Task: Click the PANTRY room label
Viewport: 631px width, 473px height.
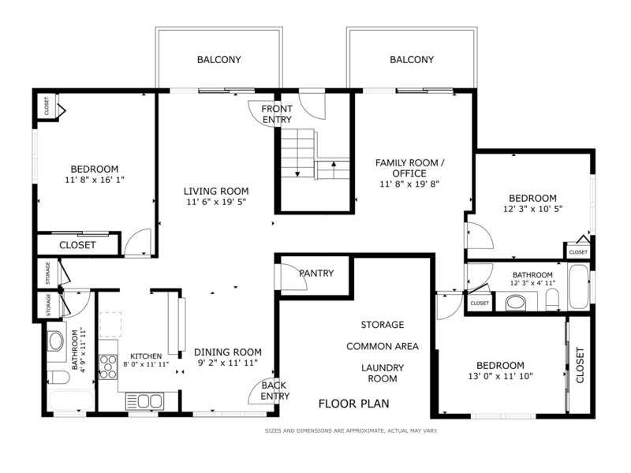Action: point(316,273)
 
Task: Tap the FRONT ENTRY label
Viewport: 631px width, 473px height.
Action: point(277,114)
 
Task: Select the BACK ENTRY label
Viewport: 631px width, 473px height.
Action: point(274,390)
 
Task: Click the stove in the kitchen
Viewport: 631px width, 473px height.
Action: point(108,367)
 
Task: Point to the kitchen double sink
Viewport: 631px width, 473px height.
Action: point(145,401)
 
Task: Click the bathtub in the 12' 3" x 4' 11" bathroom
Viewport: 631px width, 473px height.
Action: point(579,286)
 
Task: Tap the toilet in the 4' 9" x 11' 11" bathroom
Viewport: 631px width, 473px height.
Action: point(58,378)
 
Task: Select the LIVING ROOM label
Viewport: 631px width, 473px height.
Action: point(216,191)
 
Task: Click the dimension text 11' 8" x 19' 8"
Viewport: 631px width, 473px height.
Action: point(409,184)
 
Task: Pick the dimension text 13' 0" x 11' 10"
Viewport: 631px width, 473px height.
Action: point(500,377)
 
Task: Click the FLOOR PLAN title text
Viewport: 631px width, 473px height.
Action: point(353,404)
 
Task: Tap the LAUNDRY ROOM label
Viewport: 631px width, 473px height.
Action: point(383,373)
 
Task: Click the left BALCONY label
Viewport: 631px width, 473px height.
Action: point(219,60)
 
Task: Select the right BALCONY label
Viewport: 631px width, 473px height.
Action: point(412,60)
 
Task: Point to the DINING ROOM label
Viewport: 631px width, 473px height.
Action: point(228,352)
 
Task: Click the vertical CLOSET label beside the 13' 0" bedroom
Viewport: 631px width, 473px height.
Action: point(580,365)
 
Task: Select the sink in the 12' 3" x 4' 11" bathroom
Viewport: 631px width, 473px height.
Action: point(516,303)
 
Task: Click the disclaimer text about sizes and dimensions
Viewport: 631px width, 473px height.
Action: point(351,430)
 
